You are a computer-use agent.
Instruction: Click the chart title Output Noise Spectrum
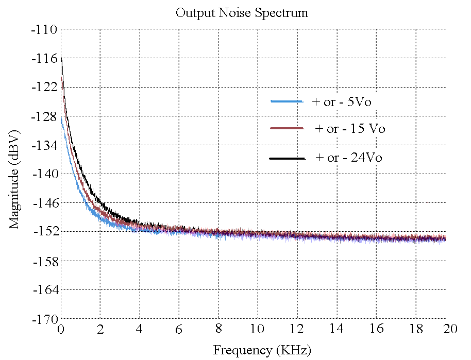[x=242, y=13]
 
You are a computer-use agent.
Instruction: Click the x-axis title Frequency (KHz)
[x=262, y=351]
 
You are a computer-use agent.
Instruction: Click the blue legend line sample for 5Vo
[x=287, y=102]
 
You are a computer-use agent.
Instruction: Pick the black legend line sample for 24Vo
[x=287, y=158]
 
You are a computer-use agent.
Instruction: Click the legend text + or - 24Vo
[x=348, y=158]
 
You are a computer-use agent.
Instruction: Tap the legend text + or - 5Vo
[x=341, y=102]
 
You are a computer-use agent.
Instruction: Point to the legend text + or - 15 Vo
[x=350, y=128]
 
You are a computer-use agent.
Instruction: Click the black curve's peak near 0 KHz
[x=62, y=58]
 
